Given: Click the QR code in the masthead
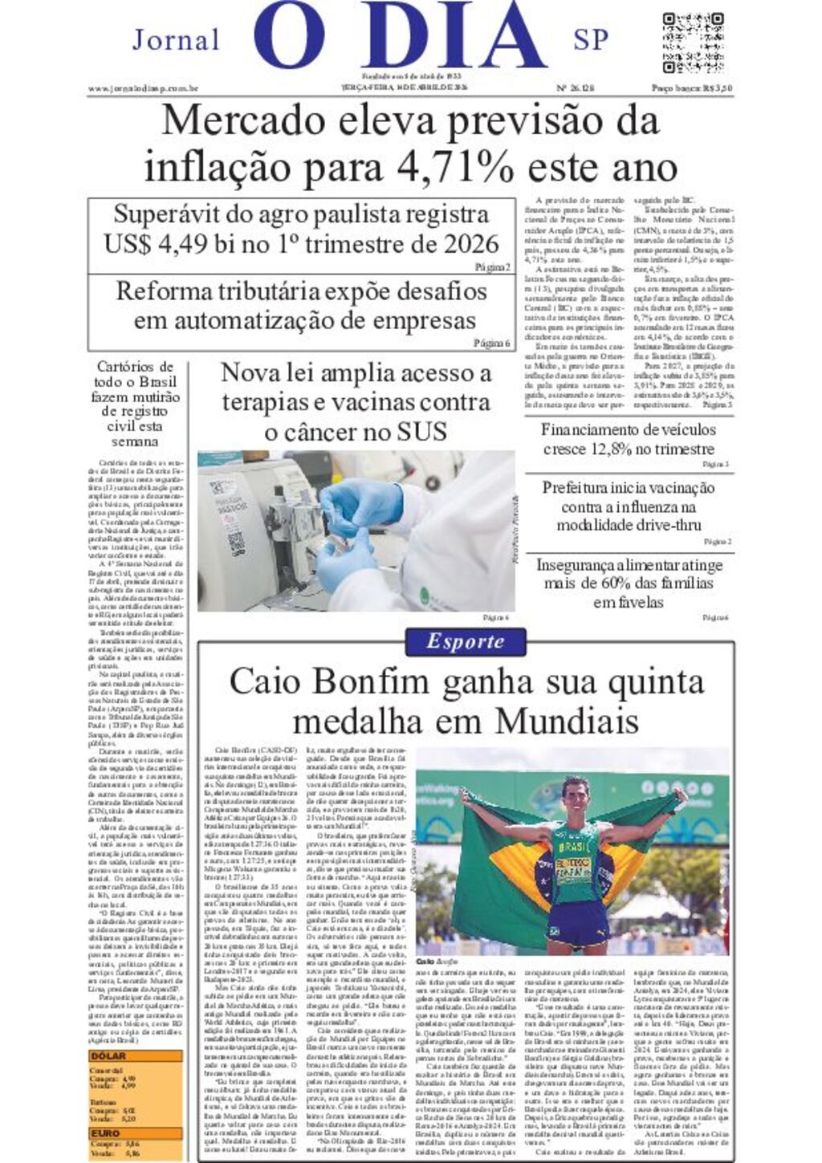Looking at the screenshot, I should [x=694, y=42].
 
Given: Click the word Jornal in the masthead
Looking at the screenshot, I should [x=176, y=39].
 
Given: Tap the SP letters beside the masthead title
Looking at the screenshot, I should [x=591, y=39].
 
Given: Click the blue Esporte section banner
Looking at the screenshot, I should [x=466, y=641].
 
